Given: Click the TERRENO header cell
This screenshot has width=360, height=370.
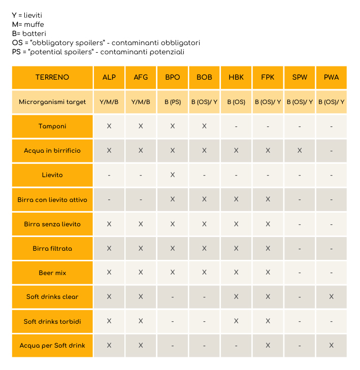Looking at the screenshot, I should click(52, 77).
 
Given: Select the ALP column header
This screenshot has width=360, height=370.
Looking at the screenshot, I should click(109, 77).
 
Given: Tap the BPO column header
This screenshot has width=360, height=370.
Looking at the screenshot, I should click(173, 77).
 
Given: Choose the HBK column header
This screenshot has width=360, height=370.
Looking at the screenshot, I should click(236, 77).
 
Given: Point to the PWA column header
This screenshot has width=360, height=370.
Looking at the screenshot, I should click(331, 77).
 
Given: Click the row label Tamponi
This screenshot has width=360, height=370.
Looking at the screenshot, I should click(52, 126).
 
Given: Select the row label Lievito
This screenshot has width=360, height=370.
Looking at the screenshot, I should click(52, 175).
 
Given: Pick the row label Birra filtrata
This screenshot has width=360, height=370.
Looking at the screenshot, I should click(52, 249).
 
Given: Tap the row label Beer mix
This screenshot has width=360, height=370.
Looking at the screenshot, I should click(52, 273).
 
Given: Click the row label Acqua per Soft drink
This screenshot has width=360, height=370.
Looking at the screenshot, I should click(52, 346).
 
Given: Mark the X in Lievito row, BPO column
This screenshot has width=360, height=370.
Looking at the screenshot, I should click(173, 175).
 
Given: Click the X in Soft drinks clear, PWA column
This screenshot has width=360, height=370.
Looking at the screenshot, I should click(331, 296).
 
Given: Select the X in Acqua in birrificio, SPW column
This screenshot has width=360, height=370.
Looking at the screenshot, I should click(300, 151).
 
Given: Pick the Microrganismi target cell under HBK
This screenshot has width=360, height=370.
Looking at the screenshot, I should click(236, 102).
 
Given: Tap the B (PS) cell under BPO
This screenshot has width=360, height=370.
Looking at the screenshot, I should click(173, 102).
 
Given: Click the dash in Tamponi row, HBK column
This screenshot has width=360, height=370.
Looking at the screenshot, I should click(236, 126).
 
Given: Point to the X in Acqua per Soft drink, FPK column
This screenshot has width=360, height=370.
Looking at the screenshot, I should click(268, 346).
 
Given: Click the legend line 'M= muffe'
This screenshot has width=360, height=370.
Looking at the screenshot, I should click(28, 24).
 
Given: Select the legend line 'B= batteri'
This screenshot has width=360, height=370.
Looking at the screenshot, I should click(29, 33).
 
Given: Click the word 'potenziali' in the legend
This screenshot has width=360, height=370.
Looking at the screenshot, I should click(168, 52).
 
